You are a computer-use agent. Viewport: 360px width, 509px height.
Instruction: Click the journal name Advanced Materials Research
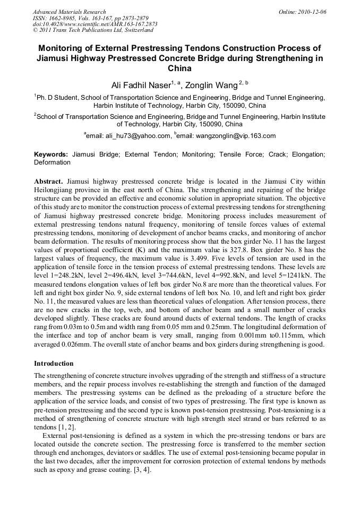[x=69, y=12]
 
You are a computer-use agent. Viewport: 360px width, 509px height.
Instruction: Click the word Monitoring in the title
[x=64, y=47]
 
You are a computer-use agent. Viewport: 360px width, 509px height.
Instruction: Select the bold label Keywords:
[x=51, y=154]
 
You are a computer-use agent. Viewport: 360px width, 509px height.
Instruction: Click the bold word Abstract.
[x=49, y=181]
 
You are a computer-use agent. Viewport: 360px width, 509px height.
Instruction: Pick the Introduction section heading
[x=54, y=364]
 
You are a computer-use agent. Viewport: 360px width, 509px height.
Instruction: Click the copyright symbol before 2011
[x=36, y=31]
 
